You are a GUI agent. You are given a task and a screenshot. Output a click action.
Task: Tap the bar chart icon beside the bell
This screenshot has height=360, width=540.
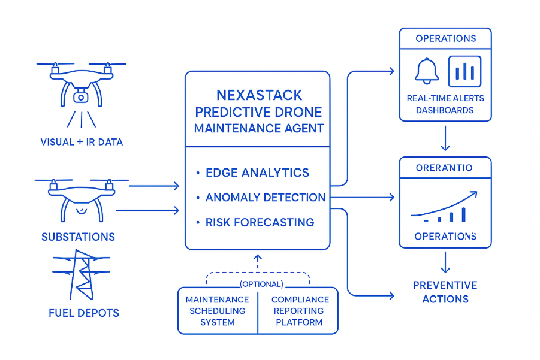tap(464, 71)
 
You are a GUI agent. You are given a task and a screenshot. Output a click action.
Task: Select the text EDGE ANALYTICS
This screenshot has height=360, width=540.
tap(257, 173)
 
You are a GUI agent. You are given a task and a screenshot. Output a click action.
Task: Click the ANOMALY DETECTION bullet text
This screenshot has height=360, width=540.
tap(266, 198)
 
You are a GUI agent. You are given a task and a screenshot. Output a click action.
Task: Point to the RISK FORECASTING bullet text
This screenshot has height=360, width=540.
tap(260, 222)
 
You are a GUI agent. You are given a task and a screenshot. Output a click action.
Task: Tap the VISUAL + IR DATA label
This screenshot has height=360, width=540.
tap(81, 142)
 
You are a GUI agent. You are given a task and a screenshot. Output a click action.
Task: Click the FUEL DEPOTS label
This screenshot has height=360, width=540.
tap(84, 313)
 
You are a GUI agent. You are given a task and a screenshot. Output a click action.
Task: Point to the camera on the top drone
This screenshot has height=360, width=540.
tap(80, 96)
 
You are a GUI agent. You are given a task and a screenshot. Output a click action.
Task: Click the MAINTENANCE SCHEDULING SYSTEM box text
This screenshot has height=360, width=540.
tap(217, 311)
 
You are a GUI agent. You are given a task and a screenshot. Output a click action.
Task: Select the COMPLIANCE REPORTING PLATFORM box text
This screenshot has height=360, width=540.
tap(300, 311)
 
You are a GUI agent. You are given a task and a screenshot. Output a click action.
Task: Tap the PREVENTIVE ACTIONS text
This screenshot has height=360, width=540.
tap(445, 292)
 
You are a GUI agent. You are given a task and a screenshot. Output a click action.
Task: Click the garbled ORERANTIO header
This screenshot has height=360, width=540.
tap(444, 168)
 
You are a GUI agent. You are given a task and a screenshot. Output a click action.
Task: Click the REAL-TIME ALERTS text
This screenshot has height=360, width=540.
tap(445, 98)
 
